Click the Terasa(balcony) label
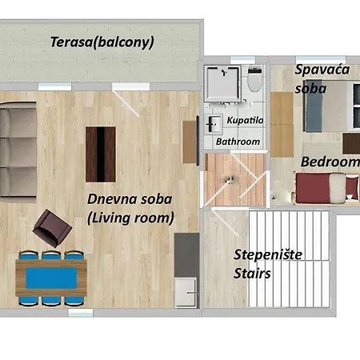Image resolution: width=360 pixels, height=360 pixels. click(x=102, y=42)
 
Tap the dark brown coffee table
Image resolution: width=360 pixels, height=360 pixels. click(x=100, y=153)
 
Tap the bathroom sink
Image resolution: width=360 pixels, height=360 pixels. click(x=214, y=124)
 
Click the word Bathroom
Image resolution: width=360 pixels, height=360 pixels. click(x=238, y=142)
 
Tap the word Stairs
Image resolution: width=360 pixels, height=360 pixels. click(x=252, y=274)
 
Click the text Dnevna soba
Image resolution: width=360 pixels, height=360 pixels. click(x=129, y=198)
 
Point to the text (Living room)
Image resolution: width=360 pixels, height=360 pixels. click(x=130, y=217)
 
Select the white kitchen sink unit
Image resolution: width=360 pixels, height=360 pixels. click(x=186, y=280)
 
